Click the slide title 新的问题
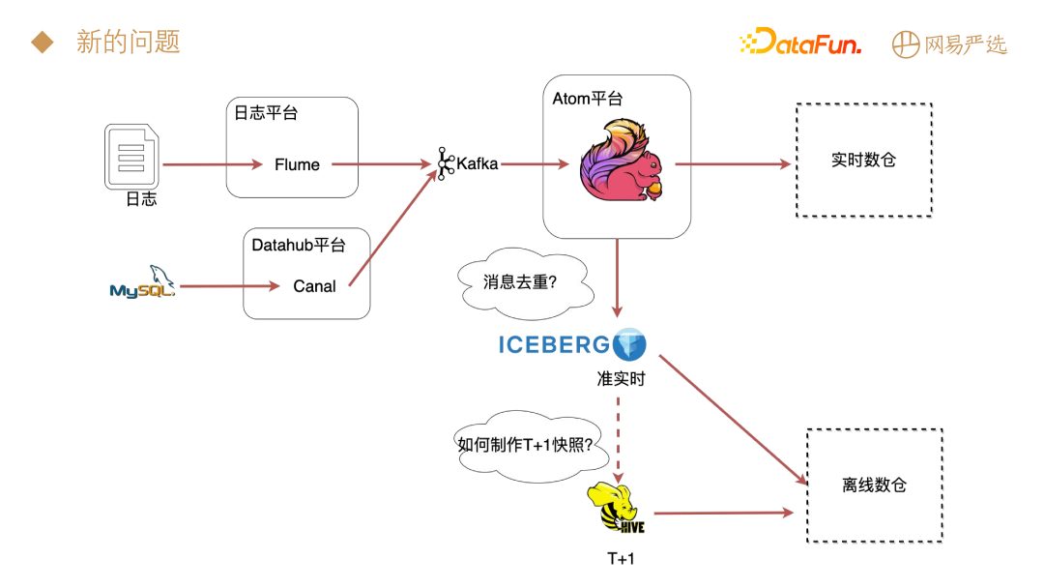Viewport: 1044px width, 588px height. [128, 43]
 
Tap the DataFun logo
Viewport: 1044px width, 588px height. [799, 43]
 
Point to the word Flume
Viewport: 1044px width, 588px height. [297, 164]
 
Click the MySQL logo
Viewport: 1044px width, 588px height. [142, 283]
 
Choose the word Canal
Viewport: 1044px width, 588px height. [314, 286]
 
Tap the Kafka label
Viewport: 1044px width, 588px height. [477, 163]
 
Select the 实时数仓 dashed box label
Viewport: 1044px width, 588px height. [863, 160]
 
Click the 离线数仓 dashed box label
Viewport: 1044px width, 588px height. [874, 485]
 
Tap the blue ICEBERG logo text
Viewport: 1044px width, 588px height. [554, 344]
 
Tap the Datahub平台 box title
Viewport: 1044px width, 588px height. [298, 245]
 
